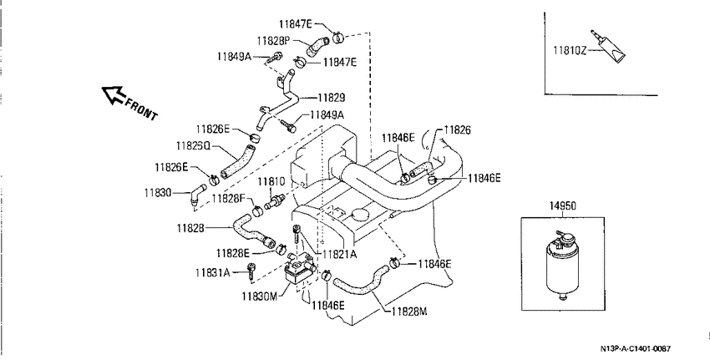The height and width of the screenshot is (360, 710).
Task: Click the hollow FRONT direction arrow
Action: (114, 94)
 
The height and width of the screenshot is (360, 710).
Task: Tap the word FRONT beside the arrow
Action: (141, 109)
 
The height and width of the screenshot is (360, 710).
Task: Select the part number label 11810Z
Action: (569, 50)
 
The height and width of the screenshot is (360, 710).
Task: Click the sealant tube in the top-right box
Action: (609, 47)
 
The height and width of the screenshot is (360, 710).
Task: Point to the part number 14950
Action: (563, 206)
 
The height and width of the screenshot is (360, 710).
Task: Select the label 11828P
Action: (273, 41)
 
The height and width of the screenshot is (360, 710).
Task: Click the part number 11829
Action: (332, 98)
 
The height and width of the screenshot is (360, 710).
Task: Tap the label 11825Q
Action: (193, 146)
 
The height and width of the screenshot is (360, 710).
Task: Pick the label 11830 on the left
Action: (158, 192)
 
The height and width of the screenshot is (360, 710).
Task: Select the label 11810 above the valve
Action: (271, 182)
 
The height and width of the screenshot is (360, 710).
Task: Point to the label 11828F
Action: (228, 198)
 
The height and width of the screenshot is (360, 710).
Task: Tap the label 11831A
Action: (213, 272)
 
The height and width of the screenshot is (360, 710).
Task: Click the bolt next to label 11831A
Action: (251, 271)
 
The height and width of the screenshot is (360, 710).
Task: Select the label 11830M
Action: (259, 297)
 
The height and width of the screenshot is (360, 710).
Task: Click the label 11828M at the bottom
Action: (409, 311)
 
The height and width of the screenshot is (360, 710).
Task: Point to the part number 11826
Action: (458, 130)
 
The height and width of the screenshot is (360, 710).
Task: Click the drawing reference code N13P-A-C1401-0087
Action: (636, 348)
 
